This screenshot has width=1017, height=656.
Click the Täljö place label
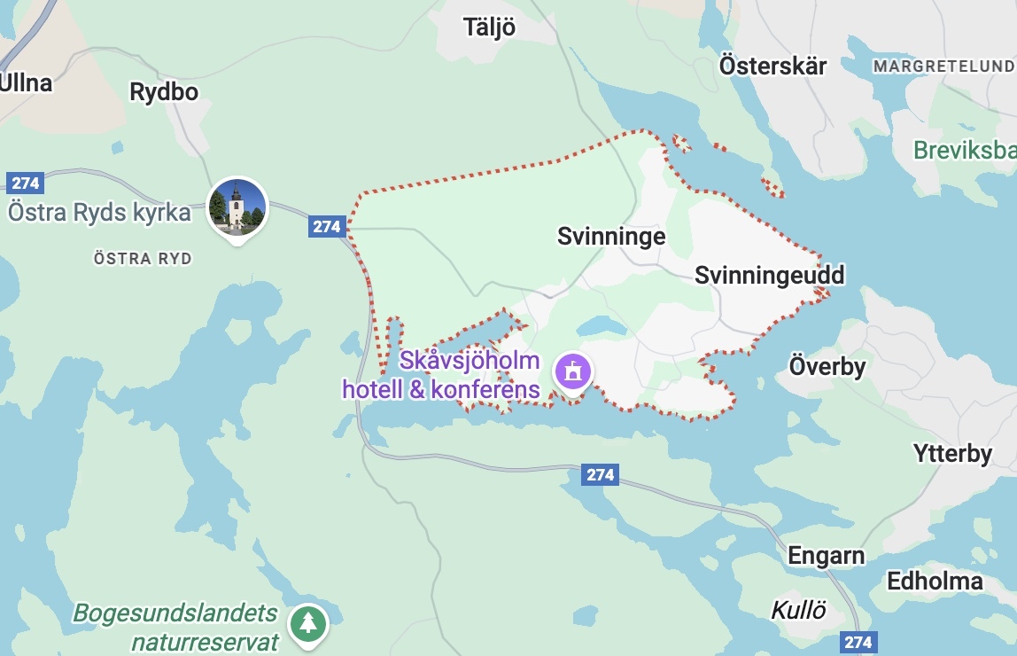pyautogui.click(x=489, y=27)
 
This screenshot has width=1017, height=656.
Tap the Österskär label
pyautogui.click(x=772, y=66)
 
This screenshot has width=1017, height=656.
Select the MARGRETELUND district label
pyautogui.click(x=943, y=66)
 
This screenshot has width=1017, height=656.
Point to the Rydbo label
pyautogui.click(x=164, y=92)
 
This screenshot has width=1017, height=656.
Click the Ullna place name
pyautogui.click(x=26, y=84)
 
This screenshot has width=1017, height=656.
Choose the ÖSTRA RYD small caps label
pyautogui.click(x=143, y=259)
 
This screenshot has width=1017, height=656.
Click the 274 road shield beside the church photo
pyautogui.click(x=326, y=226)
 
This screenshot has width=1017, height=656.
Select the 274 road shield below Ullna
pyautogui.click(x=25, y=183)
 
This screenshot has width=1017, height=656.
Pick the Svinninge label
pyautogui.click(x=611, y=236)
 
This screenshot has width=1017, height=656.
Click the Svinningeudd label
pyautogui.click(x=769, y=275)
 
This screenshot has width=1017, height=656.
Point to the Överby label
pyautogui.click(x=827, y=366)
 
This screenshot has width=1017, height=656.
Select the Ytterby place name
pyautogui.click(x=952, y=454)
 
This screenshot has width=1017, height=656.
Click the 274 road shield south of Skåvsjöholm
pyautogui.click(x=600, y=474)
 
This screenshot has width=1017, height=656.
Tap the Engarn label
pyautogui.click(x=826, y=556)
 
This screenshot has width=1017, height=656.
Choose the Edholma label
pyautogui.click(x=935, y=582)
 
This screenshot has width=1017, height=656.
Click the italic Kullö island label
pyautogui.click(x=798, y=610)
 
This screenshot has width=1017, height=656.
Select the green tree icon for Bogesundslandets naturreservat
pyautogui.click(x=307, y=623)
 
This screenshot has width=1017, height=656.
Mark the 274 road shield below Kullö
pyautogui.click(x=858, y=642)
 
